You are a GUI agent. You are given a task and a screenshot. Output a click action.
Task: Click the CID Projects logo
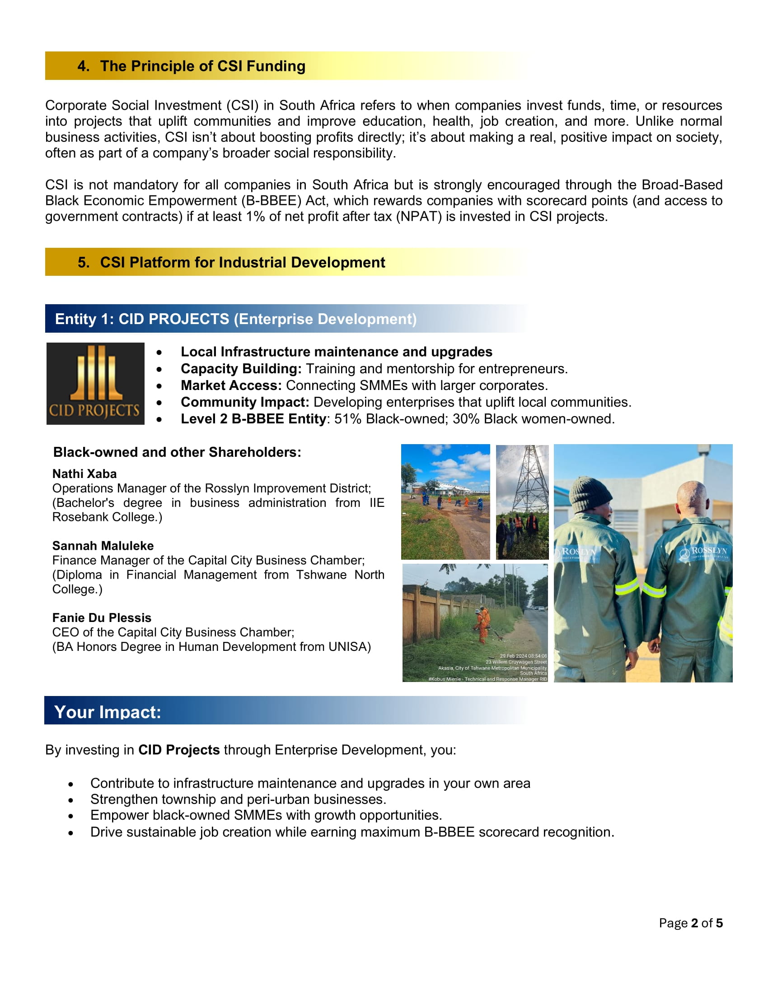[x=95, y=383]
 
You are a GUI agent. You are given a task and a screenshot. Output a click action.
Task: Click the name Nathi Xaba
[x=84, y=474]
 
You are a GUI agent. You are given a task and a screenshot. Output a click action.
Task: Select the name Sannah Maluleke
[x=103, y=546]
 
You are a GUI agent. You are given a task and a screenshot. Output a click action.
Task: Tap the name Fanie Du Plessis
[x=102, y=617]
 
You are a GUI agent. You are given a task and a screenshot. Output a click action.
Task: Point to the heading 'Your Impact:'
[x=108, y=712]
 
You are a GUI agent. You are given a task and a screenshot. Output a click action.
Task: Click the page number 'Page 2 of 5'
[x=691, y=923]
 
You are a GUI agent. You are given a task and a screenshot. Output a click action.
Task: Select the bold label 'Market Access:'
[x=231, y=385]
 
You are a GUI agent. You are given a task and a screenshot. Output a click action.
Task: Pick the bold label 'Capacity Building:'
[x=241, y=369]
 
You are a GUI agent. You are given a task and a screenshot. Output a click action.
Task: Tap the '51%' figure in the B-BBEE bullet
[x=347, y=419]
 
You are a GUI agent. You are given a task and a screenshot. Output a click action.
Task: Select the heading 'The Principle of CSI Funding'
[x=202, y=66]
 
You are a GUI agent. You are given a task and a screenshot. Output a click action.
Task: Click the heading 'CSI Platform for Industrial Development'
[x=243, y=263]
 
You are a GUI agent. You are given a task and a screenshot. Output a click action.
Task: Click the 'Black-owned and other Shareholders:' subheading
[x=177, y=452]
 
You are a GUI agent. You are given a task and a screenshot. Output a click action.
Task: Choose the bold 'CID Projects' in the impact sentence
[x=179, y=750]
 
